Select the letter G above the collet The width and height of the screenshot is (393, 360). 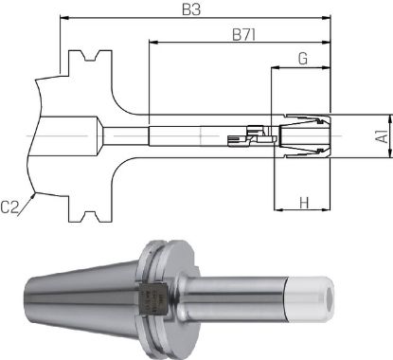[302, 59]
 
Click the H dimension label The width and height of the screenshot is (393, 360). [303, 202]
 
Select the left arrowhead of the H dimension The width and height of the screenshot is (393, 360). [276, 211]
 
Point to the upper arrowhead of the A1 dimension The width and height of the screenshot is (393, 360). [365, 118]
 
